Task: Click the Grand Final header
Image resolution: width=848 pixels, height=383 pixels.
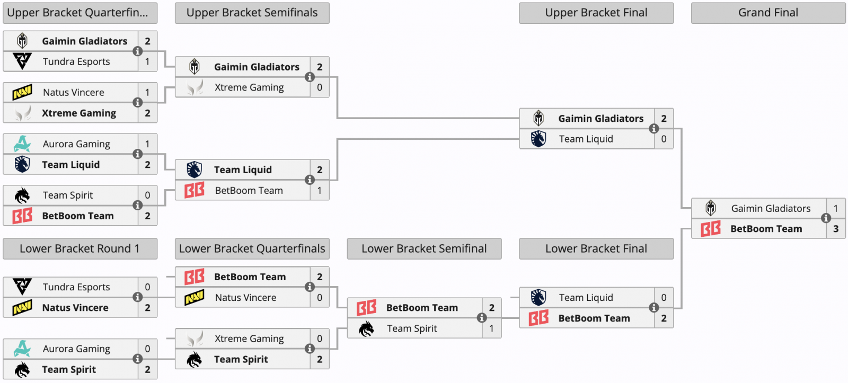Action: pyautogui.click(x=768, y=13)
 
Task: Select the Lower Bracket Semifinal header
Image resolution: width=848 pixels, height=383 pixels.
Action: pyautogui.click(x=424, y=248)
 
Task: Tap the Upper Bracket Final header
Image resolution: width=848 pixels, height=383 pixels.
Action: pyautogui.click(x=596, y=13)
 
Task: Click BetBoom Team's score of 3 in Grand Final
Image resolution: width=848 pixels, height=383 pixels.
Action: pyautogui.click(x=836, y=229)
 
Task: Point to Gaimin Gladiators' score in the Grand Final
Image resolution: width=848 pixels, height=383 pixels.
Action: pyautogui.click(x=836, y=208)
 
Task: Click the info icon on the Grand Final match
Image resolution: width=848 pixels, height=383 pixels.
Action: pyautogui.click(x=826, y=218)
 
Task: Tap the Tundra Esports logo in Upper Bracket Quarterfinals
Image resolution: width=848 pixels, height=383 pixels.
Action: pyautogui.click(x=22, y=61)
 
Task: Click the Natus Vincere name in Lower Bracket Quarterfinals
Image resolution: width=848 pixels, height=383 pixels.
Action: pyautogui.click(x=246, y=298)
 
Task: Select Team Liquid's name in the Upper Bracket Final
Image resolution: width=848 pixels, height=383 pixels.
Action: pyautogui.click(x=586, y=139)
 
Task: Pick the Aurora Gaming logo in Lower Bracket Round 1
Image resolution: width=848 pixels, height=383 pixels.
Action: pyautogui.click(x=22, y=349)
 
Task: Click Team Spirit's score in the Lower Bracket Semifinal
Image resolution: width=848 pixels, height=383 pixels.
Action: pyautogui.click(x=491, y=328)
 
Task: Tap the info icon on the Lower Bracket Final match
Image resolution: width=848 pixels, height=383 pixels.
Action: pyautogui.click(x=654, y=308)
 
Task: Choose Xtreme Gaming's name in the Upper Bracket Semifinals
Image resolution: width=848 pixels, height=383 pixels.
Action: pyautogui.click(x=249, y=87)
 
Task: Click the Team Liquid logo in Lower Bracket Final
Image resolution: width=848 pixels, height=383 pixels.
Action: pyautogui.click(x=538, y=298)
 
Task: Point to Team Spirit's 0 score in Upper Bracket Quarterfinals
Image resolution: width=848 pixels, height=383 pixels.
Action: pyautogui.click(x=148, y=195)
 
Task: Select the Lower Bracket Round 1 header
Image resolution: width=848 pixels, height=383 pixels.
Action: pyautogui.click(x=80, y=248)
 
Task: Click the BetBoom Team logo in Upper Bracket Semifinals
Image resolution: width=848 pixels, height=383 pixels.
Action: pyautogui.click(x=195, y=190)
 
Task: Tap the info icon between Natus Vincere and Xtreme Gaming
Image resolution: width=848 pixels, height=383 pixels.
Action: pyautogui.click(x=137, y=103)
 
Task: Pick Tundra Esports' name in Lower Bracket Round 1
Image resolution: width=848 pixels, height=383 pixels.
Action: pyautogui.click(x=76, y=287)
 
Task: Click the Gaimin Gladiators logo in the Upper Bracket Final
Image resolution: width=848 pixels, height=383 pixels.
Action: pyautogui.click(x=538, y=118)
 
